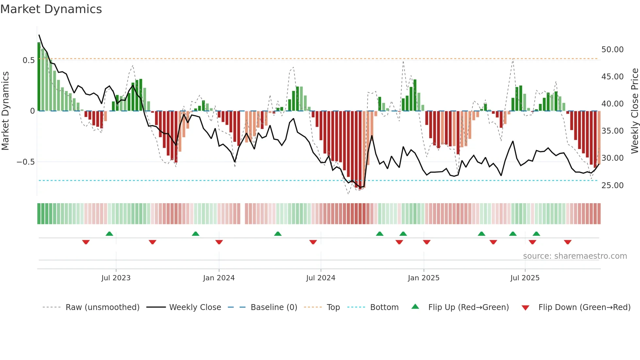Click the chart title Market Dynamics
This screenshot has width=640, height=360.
(51, 9)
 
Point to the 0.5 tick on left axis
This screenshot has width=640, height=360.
(28, 60)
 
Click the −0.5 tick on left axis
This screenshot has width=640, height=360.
(25, 162)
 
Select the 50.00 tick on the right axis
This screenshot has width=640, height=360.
(612, 50)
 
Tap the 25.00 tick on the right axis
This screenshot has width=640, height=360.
(612, 186)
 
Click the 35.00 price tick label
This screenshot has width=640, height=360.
(612, 131)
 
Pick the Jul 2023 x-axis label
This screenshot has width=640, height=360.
(116, 278)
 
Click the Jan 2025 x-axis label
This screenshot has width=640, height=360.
(424, 278)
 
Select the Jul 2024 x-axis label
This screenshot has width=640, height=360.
(321, 278)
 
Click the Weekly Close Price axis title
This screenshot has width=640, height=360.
(634, 111)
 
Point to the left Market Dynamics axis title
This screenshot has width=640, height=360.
(6, 111)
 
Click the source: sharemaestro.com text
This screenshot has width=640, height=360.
(575, 256)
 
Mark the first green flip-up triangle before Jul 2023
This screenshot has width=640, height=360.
(109, 234)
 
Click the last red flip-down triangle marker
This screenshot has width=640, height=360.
(568, 242)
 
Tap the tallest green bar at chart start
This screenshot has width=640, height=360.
(39, 77)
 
